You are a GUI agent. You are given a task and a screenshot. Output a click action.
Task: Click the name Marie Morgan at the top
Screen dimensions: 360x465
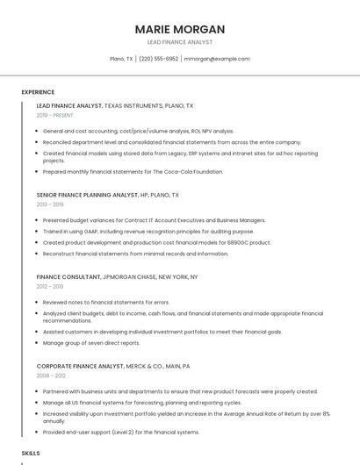coord(179,29)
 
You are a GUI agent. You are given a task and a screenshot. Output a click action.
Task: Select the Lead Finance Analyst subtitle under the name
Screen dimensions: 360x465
coord(179,42)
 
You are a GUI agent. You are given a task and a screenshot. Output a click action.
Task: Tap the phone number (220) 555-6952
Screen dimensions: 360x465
coord(158,59)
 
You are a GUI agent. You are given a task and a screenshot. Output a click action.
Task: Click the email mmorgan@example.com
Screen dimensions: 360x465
coord(217,59)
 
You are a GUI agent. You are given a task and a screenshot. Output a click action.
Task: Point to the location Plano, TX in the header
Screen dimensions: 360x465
coord(121,59)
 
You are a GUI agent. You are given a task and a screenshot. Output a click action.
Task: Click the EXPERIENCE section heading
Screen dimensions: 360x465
coord(38,92)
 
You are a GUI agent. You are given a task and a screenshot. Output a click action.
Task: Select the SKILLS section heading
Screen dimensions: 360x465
coord(31,453)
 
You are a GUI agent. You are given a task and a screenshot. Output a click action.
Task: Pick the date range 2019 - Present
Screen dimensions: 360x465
coord(54,115)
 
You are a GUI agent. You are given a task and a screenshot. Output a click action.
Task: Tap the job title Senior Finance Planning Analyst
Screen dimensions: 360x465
coord(87,195)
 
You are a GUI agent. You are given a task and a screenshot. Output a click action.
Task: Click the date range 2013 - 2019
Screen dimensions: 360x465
coord(50,204)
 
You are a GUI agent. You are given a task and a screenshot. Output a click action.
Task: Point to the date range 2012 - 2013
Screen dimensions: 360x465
coord(50,286)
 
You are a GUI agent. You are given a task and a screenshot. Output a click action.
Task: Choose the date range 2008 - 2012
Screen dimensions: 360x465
coord(50,376)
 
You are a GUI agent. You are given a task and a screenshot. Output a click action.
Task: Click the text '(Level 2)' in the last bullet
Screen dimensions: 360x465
coord(122,432)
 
